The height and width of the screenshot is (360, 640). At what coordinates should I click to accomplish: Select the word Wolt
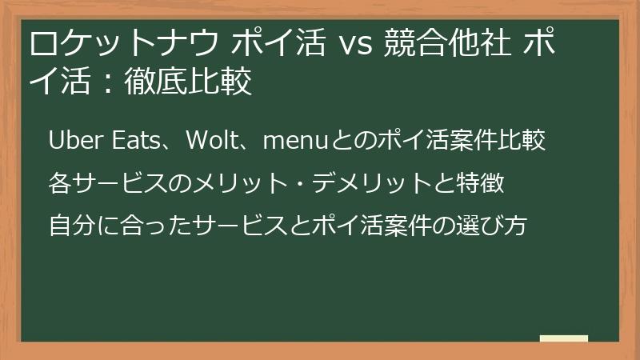[x=210, y=142]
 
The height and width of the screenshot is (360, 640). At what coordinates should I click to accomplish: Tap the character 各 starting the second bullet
[x=59, y=184]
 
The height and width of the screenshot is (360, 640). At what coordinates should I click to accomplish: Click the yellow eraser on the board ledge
[x=563, y=339]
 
